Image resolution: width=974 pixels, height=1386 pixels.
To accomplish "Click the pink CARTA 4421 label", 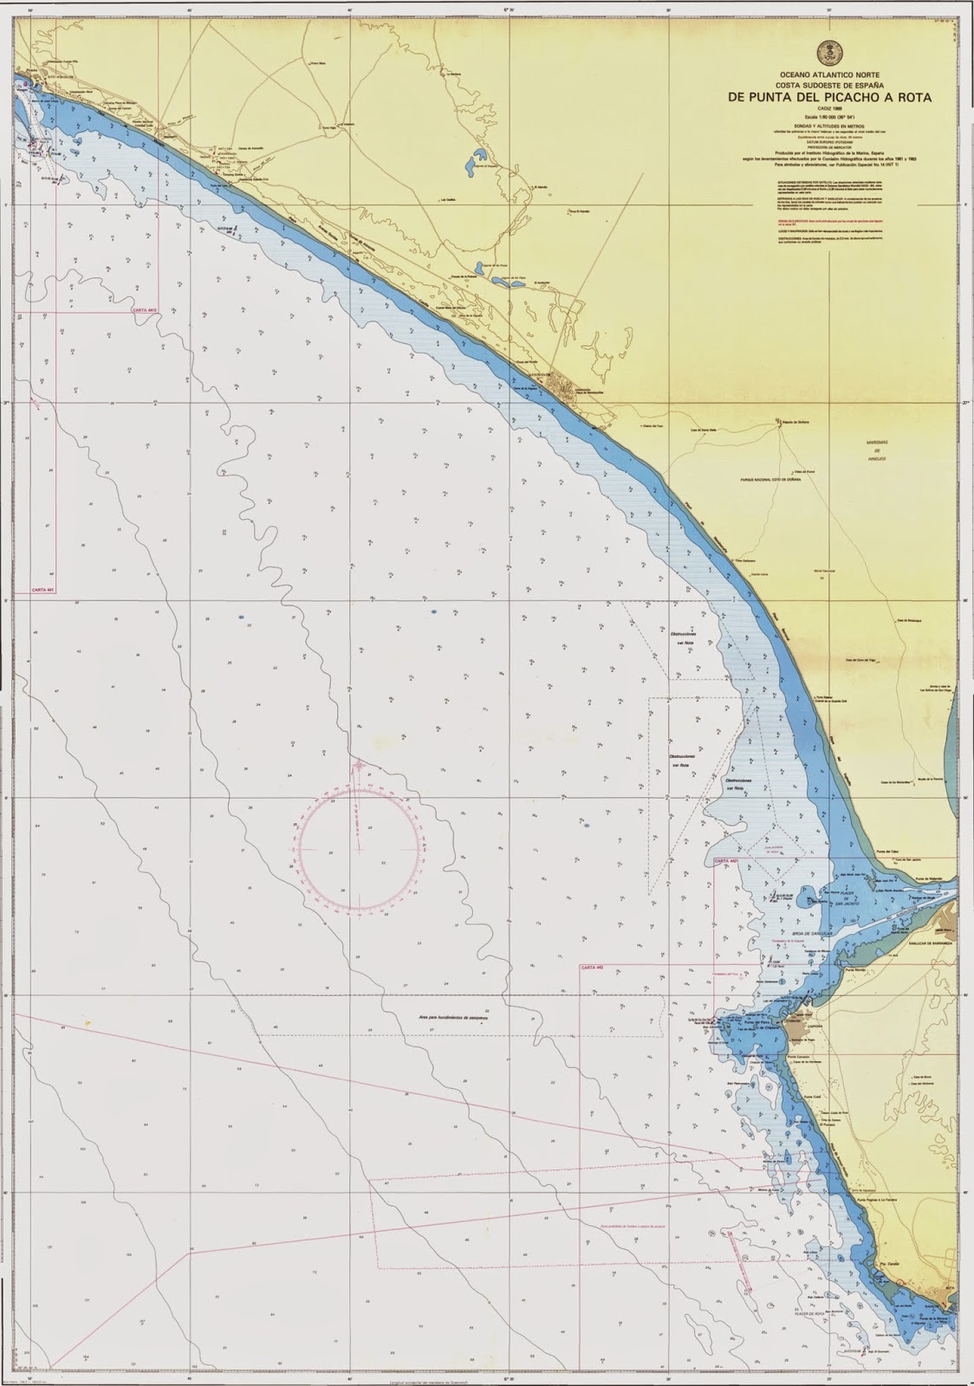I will pos(726,861).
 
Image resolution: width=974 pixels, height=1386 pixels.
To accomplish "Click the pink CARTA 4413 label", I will pos(146,309).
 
